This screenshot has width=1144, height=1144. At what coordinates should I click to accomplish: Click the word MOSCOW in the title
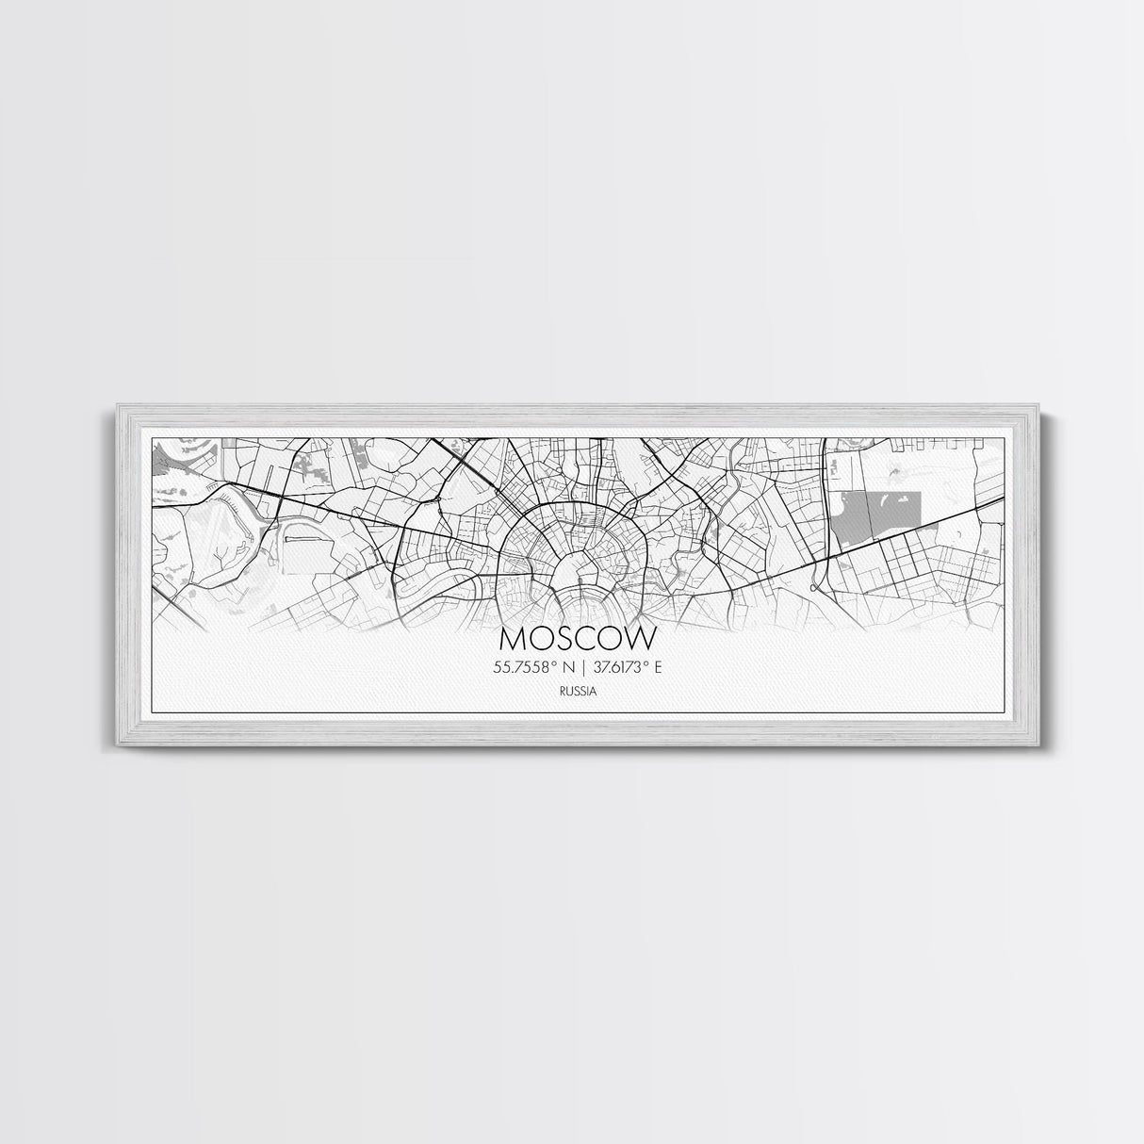click(577, 639)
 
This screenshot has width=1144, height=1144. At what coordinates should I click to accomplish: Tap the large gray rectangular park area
click(876, 515)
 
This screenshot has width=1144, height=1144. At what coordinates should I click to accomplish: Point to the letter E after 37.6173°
click(659, 667)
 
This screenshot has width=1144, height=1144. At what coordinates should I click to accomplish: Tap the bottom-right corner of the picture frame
click(1030, 745)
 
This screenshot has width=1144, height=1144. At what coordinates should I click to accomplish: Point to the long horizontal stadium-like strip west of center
click(303, 541)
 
